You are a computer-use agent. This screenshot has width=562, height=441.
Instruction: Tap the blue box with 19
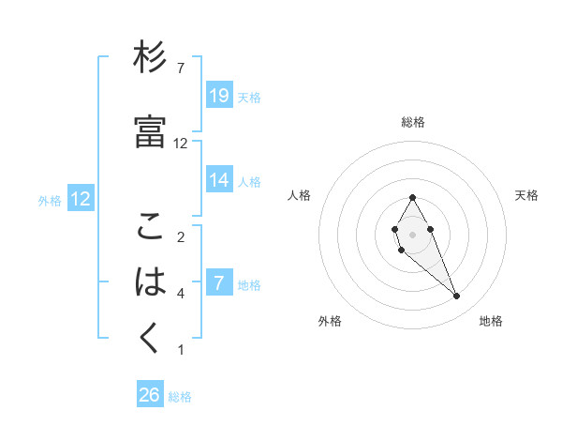[219, 96]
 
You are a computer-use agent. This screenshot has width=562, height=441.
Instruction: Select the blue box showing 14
[219, 180]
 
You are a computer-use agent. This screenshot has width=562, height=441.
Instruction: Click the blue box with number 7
[219, 283]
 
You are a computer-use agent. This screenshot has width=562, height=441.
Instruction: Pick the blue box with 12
[81, 199]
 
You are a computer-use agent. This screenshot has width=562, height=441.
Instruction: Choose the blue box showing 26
[150, 395]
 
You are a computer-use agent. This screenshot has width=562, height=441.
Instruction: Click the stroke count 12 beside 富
[181, 144]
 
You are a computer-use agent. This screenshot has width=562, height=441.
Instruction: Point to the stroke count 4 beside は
[181, 294]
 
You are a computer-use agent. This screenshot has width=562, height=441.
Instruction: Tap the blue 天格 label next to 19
[249, 97]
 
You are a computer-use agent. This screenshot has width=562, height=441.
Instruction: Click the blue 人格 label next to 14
[249, 181]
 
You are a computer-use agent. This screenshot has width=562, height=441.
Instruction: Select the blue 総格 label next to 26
[180, 396]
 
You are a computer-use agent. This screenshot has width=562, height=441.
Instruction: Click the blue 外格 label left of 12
[50, 200]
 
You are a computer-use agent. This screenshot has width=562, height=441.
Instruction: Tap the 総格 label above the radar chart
[413, 122]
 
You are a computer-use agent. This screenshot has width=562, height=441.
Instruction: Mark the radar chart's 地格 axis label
[491, 322]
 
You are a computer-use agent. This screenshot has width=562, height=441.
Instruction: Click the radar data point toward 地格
[457, 297]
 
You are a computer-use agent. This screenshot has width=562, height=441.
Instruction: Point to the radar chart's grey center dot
[413, 233]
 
